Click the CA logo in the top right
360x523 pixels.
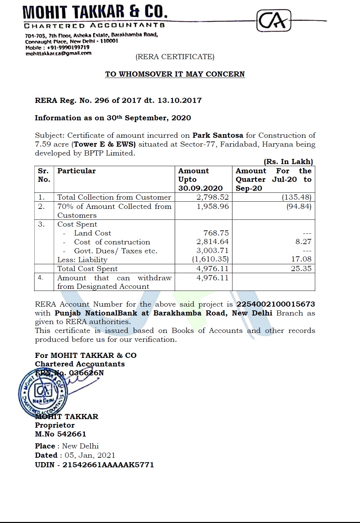(x=274, y=21)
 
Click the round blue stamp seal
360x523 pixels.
(x=42, y=393)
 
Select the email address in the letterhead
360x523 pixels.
(x=58, y=53)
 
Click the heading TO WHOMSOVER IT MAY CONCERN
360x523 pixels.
(x=175, y=74)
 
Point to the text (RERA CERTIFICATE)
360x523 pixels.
(x=175, y=57)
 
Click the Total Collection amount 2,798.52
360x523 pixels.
(x=212, y=197)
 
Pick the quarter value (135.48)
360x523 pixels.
(x=296, y=197)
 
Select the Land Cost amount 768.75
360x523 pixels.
(x=216, y=233)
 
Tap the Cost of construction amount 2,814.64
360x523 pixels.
(x=212, y=242)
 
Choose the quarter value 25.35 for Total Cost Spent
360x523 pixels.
(x=301, y=269)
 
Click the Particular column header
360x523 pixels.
(x=77, y=171)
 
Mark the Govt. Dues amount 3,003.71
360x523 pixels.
(x=212, y=251)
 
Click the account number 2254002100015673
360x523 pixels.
(x=276, y=304)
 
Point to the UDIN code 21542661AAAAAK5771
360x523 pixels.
(x=108, y=465)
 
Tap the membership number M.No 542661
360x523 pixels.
(x=61, y=434)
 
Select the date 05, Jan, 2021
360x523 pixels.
(x=90, y=455)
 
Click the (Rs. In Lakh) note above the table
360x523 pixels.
(x=288, y=162)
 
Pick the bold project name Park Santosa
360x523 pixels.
(x=218, y=135)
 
